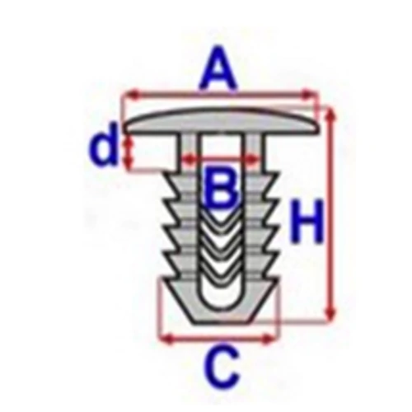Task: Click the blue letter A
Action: [218, 68]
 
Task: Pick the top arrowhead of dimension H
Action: [331, 114]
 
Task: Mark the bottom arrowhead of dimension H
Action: [330, 314]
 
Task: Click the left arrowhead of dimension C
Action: [167, 338]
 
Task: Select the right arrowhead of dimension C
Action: [268, 338]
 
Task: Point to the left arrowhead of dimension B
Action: [189, 159]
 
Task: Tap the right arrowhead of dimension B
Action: [253, 159]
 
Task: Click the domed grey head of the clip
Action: [221, 121]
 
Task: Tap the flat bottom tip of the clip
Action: [221, 322]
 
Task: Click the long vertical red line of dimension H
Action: [331, 214]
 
